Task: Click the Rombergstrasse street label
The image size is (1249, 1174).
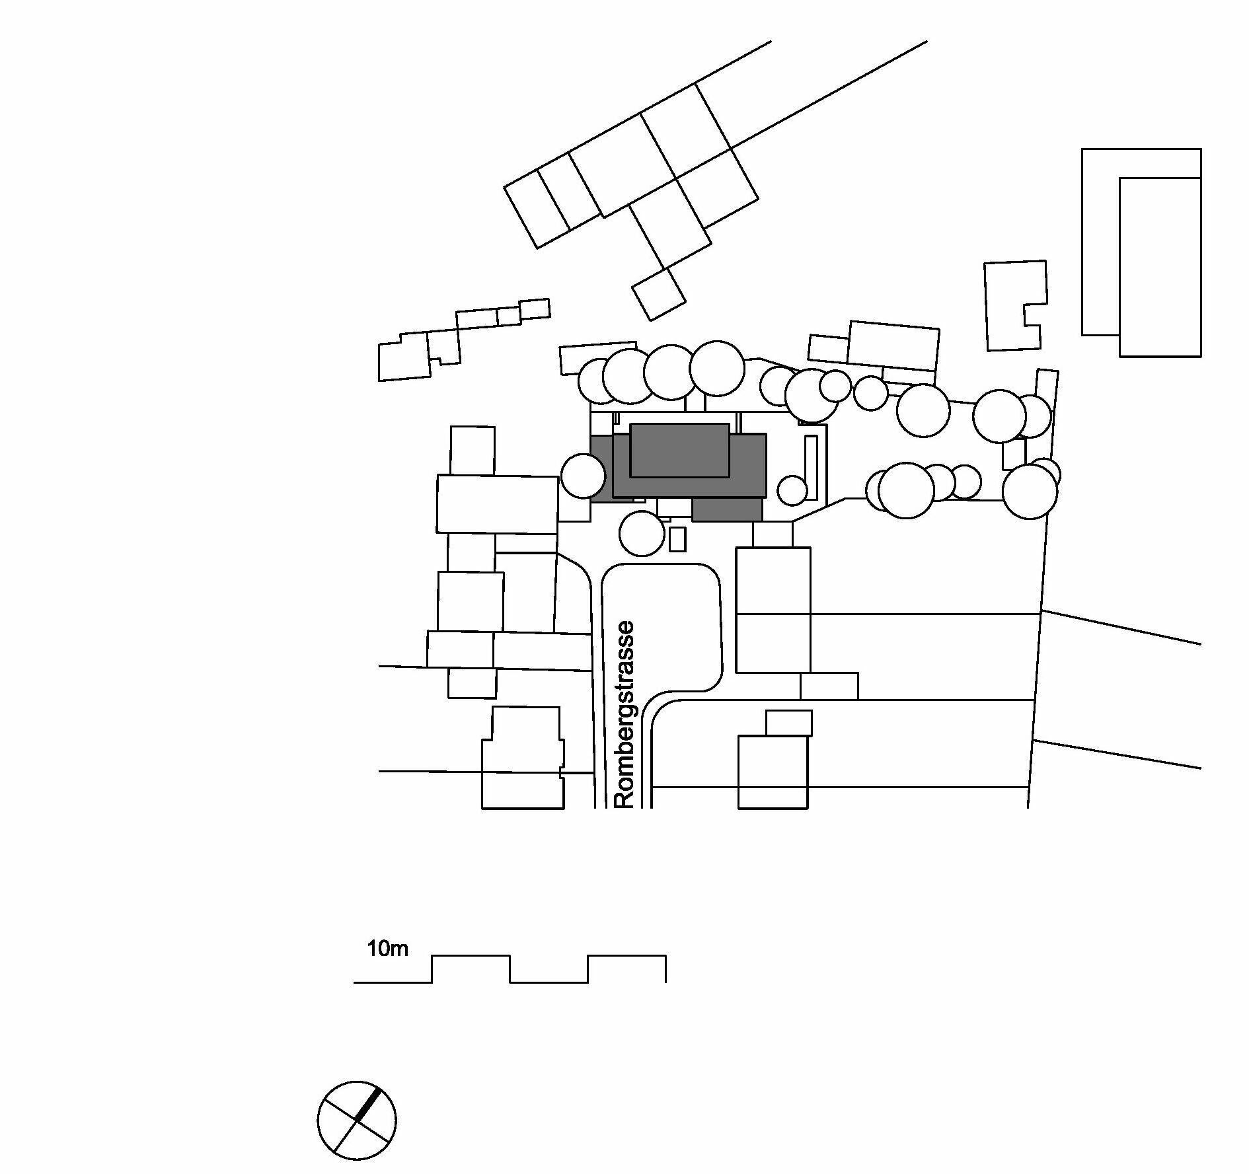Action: (x=624, y=714)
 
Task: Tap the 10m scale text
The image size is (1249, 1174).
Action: (x=388, y=950)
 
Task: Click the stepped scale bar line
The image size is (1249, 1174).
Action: (x=510, y=969)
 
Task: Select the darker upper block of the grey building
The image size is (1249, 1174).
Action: (x=680, y=450)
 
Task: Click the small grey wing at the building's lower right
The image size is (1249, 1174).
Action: (x=728, y=509)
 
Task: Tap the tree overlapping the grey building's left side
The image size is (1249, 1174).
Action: (x=583, y=475)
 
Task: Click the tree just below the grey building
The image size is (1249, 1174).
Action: (x=642, y=534)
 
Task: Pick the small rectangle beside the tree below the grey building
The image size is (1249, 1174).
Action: (x=677, y=538)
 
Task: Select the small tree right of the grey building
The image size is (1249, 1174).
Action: (x=792, y=490)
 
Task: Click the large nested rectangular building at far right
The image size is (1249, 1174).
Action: (x=1159, y=264)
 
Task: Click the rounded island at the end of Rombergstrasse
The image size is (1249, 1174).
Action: (x=661, y=628)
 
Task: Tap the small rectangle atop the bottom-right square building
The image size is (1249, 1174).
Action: (x=788, y=723)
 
